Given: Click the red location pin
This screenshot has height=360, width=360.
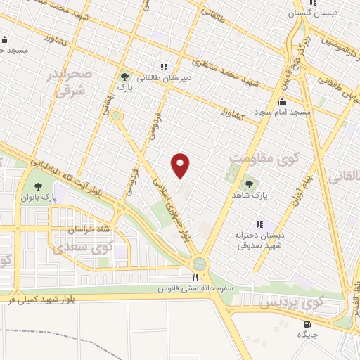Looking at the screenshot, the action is pyautogui.click(x=181, y=165).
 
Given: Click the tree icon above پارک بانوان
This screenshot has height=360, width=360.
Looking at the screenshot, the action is pyautogui.click(x=38, y=187).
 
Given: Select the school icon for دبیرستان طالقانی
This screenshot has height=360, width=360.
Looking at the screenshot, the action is pyautogui.click(x=164, y=67).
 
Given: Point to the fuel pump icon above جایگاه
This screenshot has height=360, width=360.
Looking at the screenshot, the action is pyautogui.click(x=309, y=324).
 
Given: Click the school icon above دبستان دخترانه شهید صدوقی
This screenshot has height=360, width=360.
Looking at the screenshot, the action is pyautogui.click(x=259, y=224).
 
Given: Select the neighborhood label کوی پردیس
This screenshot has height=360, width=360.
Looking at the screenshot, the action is pyautogui.click(x=291, y=304).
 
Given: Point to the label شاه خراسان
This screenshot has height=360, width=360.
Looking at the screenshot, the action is pyautogui.click(x=70, y=230).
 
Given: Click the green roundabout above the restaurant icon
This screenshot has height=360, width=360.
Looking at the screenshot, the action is pyautogui.click(x=202, y=264).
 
